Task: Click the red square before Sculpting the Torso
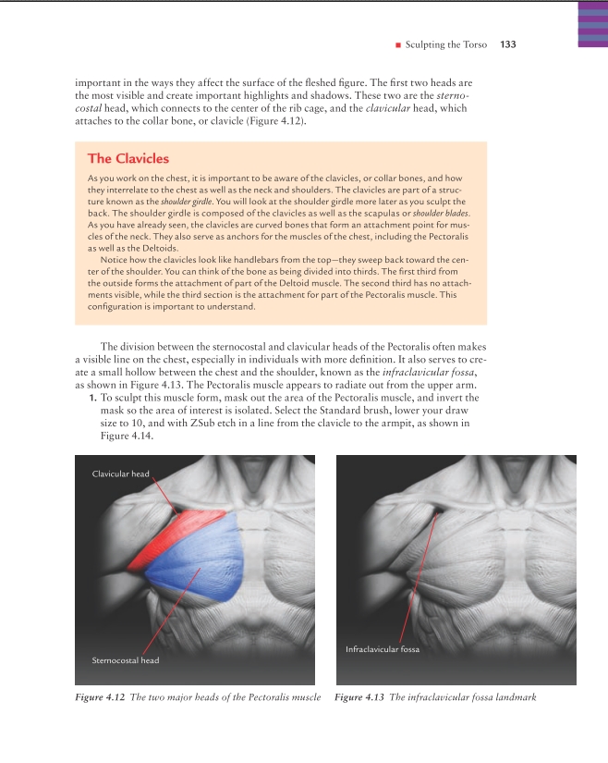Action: point(396,44)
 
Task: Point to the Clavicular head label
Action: point(120,474)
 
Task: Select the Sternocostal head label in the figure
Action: point(126,660)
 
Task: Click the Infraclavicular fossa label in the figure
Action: point(383,649)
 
